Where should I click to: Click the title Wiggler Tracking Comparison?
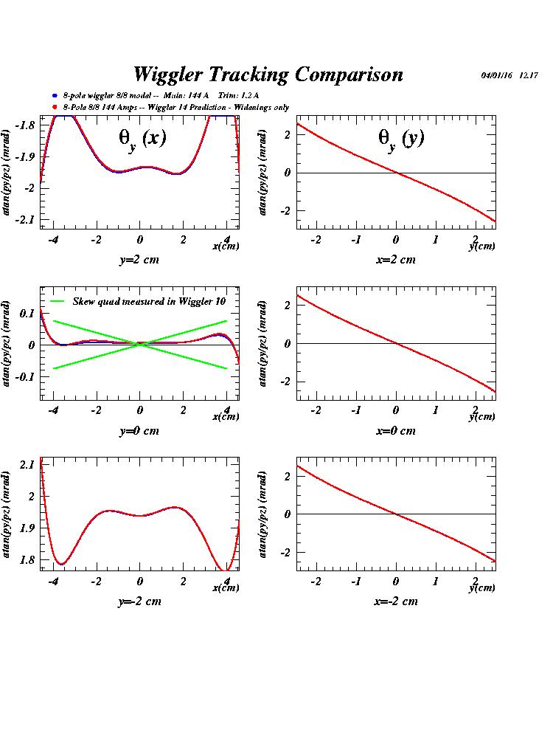(x=268, y=75)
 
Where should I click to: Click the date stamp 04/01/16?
(x=497, y=75)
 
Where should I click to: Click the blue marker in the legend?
(x=55, y=96)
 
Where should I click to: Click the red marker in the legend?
(x=55, y=108)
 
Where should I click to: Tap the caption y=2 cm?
(x=139, y=260)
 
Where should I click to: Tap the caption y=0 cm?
(x=139, y=431)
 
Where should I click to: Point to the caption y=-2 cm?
(x=139, y=601)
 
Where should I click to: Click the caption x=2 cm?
(x=395, y=260)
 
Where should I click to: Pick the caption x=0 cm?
(x=395, y=431)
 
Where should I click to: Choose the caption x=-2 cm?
(x=395, y=601)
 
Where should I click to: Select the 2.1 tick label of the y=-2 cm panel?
(x=27, y=464)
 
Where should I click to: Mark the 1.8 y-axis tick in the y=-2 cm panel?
(x=27, y=559)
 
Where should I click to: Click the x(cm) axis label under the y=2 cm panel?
(x=226, y=246)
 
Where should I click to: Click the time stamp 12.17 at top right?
(x=529, y=75)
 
